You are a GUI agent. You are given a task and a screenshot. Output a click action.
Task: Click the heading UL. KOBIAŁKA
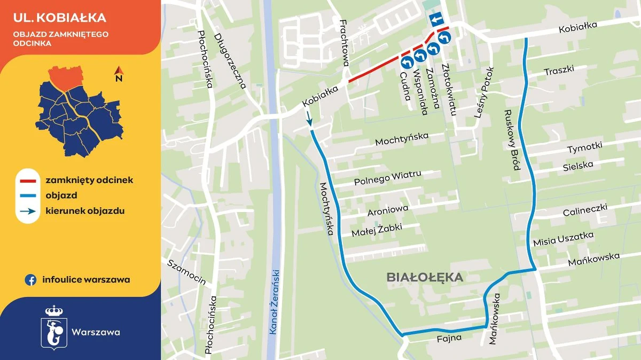[x=60, y=18]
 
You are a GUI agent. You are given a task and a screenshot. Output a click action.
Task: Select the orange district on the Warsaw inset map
[x=66, y=77]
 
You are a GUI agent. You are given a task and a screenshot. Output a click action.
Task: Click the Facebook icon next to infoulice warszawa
[x=31, y=280]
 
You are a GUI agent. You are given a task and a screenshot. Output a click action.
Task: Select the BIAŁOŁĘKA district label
[x=424, y=278]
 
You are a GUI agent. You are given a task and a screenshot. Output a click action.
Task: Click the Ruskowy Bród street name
[x=512, y=140]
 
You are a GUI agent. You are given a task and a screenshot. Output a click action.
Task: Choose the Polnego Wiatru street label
[x=387, y=178]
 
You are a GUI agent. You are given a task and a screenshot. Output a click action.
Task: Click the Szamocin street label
[x=186, y=272]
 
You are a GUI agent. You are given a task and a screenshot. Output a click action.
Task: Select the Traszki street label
[x=559, y=71]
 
